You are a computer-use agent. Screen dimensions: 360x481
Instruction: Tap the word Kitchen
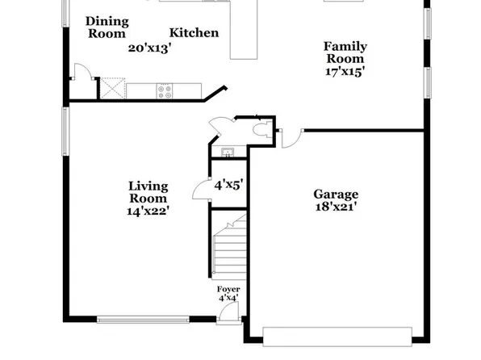click(x=194, y=33)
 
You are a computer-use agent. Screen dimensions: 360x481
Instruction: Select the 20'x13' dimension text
click(x=149, y=48)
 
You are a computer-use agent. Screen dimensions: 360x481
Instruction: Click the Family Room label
click(x=345, y=52)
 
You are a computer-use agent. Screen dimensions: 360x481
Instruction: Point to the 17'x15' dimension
click(x=345, y=71)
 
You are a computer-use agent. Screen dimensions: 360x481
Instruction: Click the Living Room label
click(x=148, y=192)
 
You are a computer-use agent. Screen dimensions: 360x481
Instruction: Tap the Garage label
click(x=336, y=195)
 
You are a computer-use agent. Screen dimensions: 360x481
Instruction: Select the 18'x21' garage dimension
click(x=336, y=207)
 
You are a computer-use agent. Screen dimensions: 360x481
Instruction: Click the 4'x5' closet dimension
click(x=228, y=184)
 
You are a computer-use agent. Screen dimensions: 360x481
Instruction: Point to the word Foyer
click(x=228, y=289)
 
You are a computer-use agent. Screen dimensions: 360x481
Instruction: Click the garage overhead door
click(x=337, y=332)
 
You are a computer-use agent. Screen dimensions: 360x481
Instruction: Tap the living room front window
click(x=143, y=320)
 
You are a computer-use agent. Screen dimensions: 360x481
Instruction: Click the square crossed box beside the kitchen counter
click(x=111, y=87)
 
